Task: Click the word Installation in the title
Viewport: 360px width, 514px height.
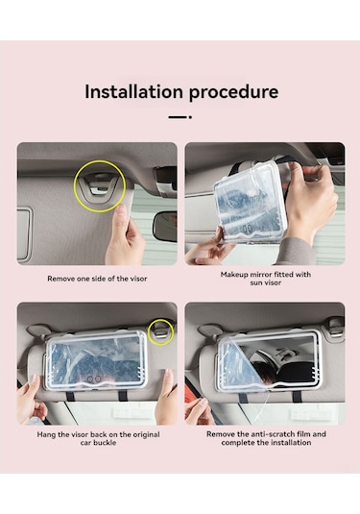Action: (x=133, y=91)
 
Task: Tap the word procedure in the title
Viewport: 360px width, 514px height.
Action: (x=233, y=93)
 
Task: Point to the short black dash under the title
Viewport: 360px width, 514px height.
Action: (x=180, y=117)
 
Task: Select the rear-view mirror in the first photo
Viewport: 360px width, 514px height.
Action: (x=166, y=226)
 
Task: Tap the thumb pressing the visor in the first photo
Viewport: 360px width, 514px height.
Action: (x=121, y=214)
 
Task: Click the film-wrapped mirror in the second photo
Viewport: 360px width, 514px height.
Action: (x=251, y=204)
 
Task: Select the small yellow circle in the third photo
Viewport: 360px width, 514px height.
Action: (x=160, y=332)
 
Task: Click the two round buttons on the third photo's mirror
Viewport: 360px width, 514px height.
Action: (x=94, y=379)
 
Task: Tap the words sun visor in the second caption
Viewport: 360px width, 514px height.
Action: (x=266, y=282)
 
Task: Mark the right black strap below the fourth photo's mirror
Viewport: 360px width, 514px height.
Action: (x=297, y=396)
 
